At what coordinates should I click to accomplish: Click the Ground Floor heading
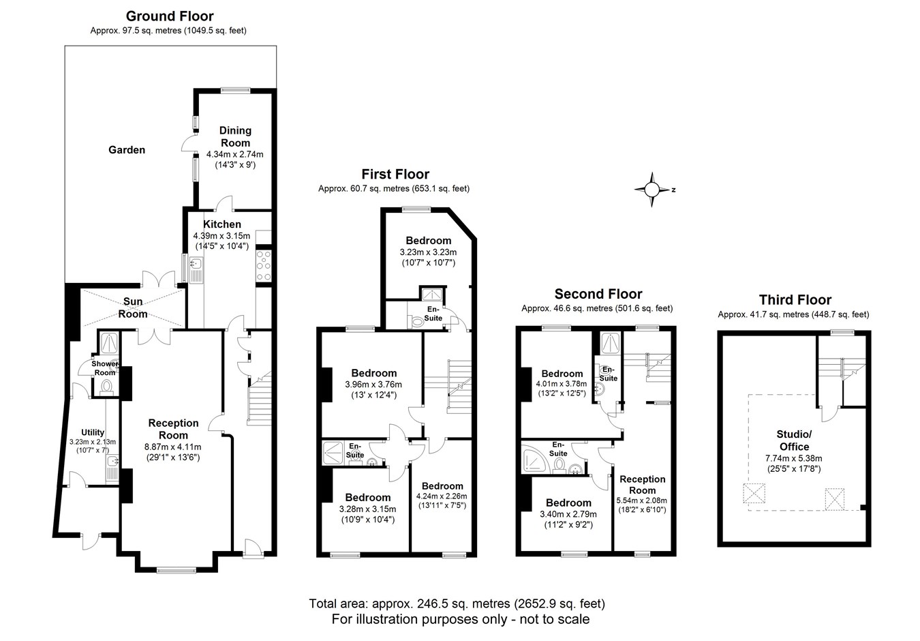tap(170, 16)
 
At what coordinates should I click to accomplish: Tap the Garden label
tap(127, 150)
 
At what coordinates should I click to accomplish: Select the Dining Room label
tap(235, 136)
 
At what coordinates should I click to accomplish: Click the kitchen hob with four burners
tap(264, 266)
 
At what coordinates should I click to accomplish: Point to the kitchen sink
tap(196, 270)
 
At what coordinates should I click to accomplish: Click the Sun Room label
tap(133, 308)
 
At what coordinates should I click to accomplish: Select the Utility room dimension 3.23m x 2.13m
tap(93, 442)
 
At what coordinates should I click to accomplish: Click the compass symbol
tap(651, 190)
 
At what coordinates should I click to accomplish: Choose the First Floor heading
tap(395, 174)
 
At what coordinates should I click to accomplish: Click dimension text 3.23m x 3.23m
tap(428, 252)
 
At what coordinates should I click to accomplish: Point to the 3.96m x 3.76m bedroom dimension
tap(373, 385)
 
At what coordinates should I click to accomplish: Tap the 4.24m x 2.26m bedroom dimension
tap(442, 496)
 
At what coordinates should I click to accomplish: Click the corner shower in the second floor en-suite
tap(535, 458)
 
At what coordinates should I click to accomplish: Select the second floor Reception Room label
tap(643, 485)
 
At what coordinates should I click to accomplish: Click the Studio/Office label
tap(794, 441)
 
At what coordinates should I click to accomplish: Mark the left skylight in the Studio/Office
tap(754, 493)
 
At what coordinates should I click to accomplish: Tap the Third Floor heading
tap(795, 300)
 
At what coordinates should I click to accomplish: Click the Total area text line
tap(457, 603)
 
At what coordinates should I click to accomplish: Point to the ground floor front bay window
tap(177, 570)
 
